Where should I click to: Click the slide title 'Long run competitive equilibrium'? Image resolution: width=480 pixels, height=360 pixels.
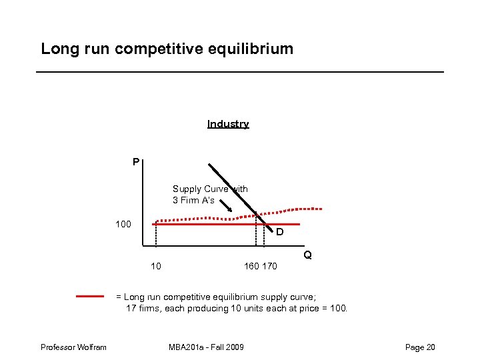pyautogui.click(x=167, y=49)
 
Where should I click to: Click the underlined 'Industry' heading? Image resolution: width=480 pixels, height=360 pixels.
pyautogui.click(x=228, y=124)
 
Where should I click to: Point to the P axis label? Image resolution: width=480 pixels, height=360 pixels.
pyautogui.click(x=135, y=161)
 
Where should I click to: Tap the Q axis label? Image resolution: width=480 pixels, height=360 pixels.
pyautogui.click(x=307, y=255)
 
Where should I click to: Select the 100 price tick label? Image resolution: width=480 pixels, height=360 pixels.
pyautogui.click(x=123, y=224)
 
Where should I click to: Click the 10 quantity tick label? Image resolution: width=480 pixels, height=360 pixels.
pyautogui.click(x=155, y=267)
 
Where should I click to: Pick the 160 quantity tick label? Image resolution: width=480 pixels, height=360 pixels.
pyautogui.click(x=252, y=267)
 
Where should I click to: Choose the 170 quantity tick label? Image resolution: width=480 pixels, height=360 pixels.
pyautogui.click(x=269, y=267)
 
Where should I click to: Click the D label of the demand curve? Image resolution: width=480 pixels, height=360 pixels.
pyautogui.click(x=280, y=233)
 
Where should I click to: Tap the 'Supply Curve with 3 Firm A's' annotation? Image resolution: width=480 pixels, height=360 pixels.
pyautogui.click(x=210, y=194)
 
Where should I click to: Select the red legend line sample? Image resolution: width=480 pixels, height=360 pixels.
pyautogui.click(x=90, y=296)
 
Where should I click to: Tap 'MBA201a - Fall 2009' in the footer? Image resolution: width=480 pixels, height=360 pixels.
pyautogui.click(x=206, y=347)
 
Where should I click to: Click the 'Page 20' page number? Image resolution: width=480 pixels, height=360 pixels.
pyautogui.click(x=420, y=347)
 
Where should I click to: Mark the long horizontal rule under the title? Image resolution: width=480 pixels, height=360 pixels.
pyautogui.click(x=240, y=71)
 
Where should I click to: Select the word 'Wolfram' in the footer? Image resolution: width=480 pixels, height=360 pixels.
pyautogui.click(x=93, y=347)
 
